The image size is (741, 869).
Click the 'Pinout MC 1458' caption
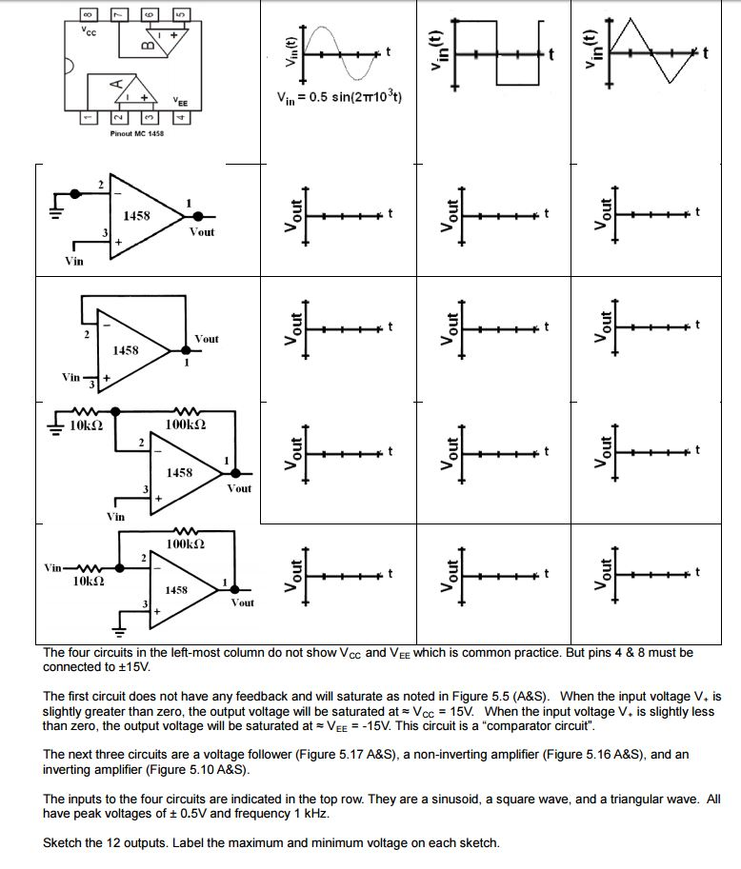pos(136,134)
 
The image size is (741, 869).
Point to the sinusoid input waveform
pos(339,50)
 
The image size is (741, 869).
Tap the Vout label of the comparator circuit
pos(202,232)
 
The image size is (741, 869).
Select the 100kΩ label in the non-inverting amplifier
pos(186,422)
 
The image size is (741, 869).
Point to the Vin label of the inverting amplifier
pos(54,566)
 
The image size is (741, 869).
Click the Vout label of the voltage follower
pos(206,339)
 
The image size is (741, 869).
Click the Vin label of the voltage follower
pos(70,378)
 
